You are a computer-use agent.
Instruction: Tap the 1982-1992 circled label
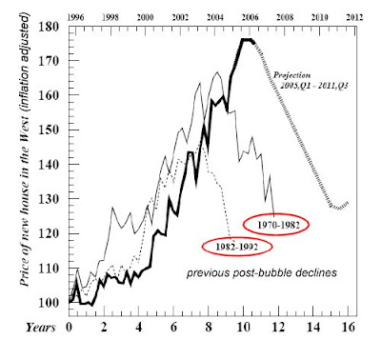coord(237,247)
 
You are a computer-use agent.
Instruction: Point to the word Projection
coord(292,75)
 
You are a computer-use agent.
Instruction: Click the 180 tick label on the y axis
coord(49,27)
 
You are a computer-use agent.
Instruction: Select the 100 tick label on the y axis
coord(49,303)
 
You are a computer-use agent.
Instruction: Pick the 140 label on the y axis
coord(49,165)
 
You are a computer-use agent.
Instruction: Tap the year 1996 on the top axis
coord(75,17)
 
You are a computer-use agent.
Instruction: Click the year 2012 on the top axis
coord(354,17)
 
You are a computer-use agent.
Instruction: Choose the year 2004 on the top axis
coord(215,17)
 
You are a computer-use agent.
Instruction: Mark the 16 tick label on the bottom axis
coord(348,327)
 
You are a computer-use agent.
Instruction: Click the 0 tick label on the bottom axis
coord(69,327)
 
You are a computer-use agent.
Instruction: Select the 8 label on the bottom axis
coord(209,327)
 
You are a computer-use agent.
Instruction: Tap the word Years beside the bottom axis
coord(41,328)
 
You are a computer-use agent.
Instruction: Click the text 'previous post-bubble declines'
coord(262,273)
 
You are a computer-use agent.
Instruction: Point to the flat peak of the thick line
coord(247,40)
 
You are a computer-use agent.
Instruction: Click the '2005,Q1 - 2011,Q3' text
coord(314,86)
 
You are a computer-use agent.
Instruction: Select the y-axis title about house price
coord(25,150)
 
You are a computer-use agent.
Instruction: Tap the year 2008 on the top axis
coord(285,17)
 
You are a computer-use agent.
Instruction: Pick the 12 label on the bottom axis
coord(278,327)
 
